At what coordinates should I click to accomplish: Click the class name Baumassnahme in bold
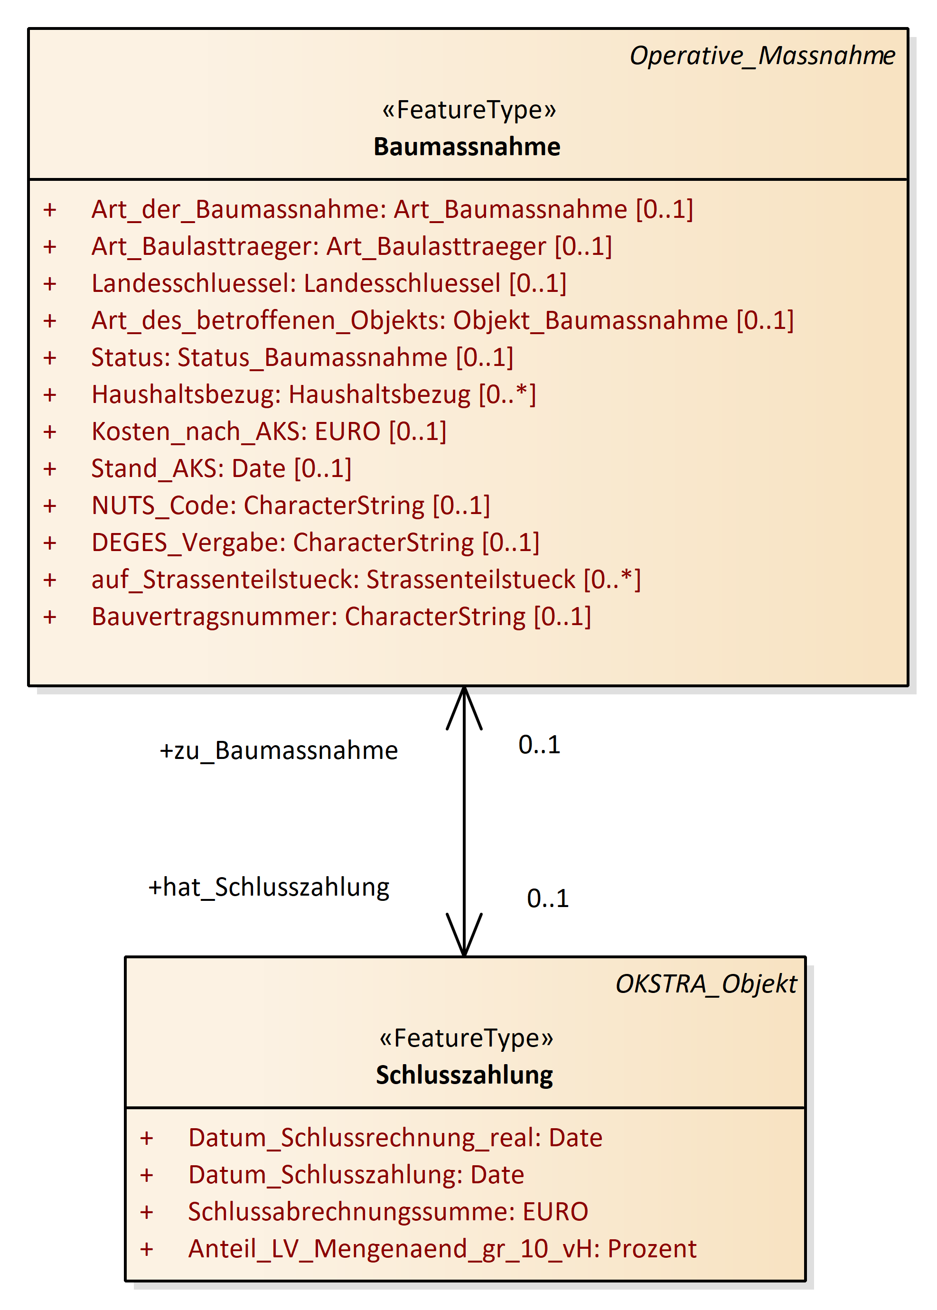[x=467, y=147]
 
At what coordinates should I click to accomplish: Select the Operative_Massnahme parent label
[x=761, y=56]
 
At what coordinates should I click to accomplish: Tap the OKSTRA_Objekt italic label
[x=706, y=984]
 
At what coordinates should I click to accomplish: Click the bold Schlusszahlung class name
[x=464, y=1075]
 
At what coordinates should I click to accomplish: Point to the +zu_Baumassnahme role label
[x=279, y=750]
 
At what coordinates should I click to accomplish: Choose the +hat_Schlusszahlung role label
[x=269, y=887]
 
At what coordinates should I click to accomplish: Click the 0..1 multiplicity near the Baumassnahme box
[x=539, y=745]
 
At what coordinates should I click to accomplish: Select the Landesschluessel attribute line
[x=329, y=283]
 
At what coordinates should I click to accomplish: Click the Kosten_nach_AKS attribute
[x=269, y=431]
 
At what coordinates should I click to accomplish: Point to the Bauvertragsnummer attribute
[x=341, y=617]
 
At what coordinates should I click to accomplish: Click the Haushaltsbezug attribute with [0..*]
[x=314, y=394]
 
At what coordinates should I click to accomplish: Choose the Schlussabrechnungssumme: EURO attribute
[x=388, y=1212]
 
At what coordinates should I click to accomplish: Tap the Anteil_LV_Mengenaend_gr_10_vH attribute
[x=442, y=1249]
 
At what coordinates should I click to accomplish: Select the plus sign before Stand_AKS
[x=50, y=469]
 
